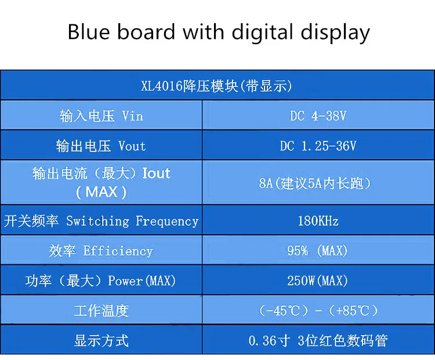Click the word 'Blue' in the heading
89,31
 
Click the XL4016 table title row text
216,86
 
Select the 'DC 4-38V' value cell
318,116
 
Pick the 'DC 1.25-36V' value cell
318,146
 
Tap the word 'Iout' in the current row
156,173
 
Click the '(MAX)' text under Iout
101,192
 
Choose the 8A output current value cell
314,183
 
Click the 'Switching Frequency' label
132,221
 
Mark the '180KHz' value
318,221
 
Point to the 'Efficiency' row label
118,251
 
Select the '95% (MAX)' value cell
317,251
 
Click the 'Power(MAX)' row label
142,281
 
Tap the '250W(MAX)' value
317,281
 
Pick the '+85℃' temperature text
352,311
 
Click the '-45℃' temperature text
283,311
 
